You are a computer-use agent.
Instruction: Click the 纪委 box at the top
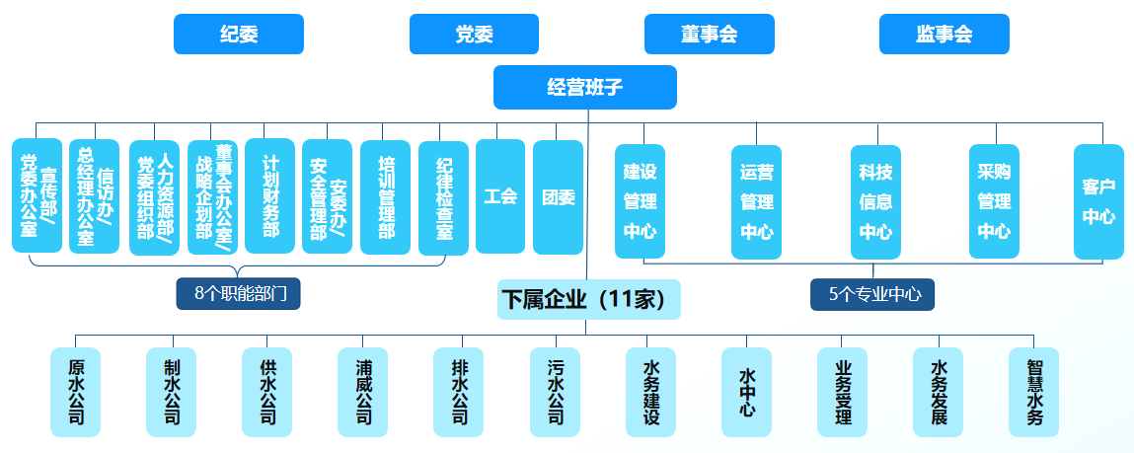[238, 35]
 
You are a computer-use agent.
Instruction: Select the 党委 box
[474, 35]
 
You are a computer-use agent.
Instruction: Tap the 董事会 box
[709, 35]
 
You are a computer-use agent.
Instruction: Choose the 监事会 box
[944, 35]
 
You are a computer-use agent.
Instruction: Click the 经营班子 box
[584, 87]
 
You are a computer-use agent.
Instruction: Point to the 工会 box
[500, 196]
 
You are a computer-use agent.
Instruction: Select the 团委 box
[558, 196]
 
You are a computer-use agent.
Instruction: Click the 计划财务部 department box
[269, 195]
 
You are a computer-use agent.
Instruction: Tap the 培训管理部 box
[385, 196]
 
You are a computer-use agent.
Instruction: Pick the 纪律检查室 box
[443, 197]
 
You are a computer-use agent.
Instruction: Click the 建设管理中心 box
[640, 201]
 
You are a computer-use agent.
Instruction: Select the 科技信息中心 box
[875, 201]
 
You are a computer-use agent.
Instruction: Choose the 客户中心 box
[1098, 201]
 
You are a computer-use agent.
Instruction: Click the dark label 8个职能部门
[238, 293]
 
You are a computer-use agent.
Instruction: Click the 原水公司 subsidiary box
[76, 392]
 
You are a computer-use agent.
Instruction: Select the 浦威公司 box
[363, 392]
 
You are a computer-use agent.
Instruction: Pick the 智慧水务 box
[1033, 392]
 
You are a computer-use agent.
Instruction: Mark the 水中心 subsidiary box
[746, 392]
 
